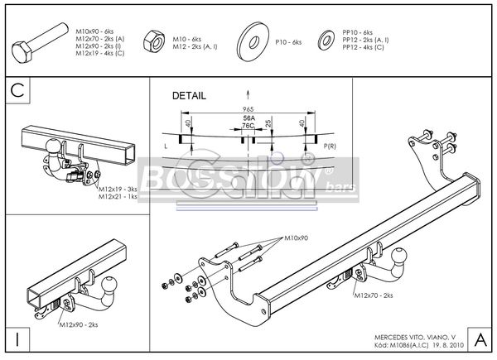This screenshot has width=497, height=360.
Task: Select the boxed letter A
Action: [480, 339]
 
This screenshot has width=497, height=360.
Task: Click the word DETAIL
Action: [189, 95]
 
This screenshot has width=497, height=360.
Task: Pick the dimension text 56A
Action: [248, 118]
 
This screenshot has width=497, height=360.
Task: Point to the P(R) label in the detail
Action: [329, 146]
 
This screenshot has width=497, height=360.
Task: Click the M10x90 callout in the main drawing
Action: [296, 238]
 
